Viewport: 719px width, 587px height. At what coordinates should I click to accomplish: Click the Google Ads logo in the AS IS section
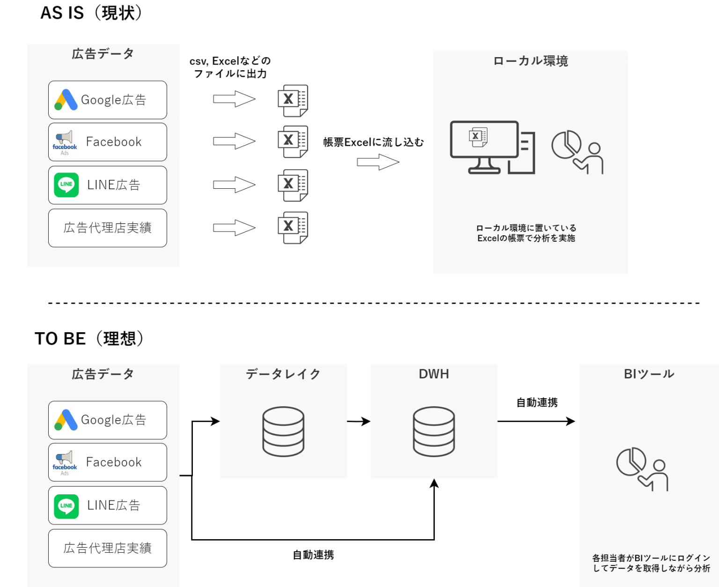[66, 100]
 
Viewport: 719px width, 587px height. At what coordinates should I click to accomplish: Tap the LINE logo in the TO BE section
[66, 505]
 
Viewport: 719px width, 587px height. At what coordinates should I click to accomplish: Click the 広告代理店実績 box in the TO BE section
[108, 548]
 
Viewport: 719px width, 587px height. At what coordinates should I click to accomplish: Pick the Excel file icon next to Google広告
[293, 100]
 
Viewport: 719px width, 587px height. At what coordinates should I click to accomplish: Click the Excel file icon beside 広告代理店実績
[293, 228]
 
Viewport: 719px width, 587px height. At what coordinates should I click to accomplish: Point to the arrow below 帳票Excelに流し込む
[378, 162]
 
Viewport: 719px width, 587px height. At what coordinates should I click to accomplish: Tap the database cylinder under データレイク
[283, 431]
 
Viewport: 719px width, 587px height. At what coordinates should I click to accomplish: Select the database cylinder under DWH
[434, 431]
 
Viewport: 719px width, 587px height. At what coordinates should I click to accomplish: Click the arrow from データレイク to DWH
[359, 422]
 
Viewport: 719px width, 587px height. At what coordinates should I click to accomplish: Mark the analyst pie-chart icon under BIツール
[642, 469]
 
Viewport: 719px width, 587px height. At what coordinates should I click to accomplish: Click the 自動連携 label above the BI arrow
[537, 402]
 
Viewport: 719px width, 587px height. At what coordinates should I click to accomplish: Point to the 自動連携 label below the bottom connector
[313, 555]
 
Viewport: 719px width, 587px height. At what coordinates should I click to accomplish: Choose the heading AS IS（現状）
[91, 13]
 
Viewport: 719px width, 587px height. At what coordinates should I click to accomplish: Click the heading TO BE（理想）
[89, 338]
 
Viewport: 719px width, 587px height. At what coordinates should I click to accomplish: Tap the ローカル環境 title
[530, 61]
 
